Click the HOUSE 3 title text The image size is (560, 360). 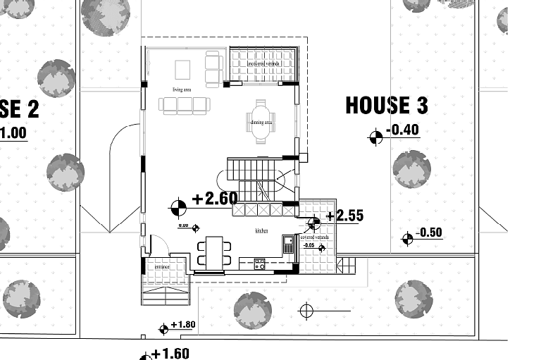tap(387, 106)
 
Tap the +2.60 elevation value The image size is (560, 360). tap(214, 199)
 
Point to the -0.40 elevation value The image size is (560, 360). tap(404, 130)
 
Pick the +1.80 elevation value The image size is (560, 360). tap(182, 325)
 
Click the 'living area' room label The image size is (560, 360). tap(182, 89)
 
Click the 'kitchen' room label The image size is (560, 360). tap(262, 230)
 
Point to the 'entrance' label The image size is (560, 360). tap(162, 268)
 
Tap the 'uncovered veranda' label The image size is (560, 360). tap(264, 63)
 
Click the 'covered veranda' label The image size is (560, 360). tap(313, 237)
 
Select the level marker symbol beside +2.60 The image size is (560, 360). tap(179, 207)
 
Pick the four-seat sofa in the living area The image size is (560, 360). tap(185, 105)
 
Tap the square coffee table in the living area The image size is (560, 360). tap(182, 69)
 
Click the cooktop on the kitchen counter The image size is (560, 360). tap(259, 265)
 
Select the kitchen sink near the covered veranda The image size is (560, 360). tap(289, 244)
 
